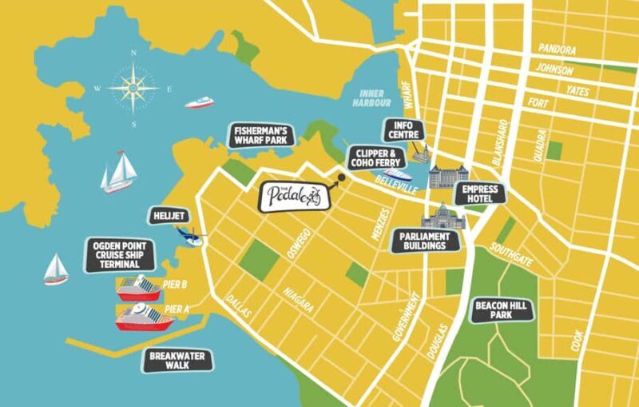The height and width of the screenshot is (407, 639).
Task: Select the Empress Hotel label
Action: click(478, 193)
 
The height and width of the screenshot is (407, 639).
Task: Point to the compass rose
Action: click(133, 88)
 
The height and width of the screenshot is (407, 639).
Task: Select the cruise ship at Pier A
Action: click(144, 317)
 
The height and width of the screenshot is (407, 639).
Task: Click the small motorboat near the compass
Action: click(199, 102)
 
